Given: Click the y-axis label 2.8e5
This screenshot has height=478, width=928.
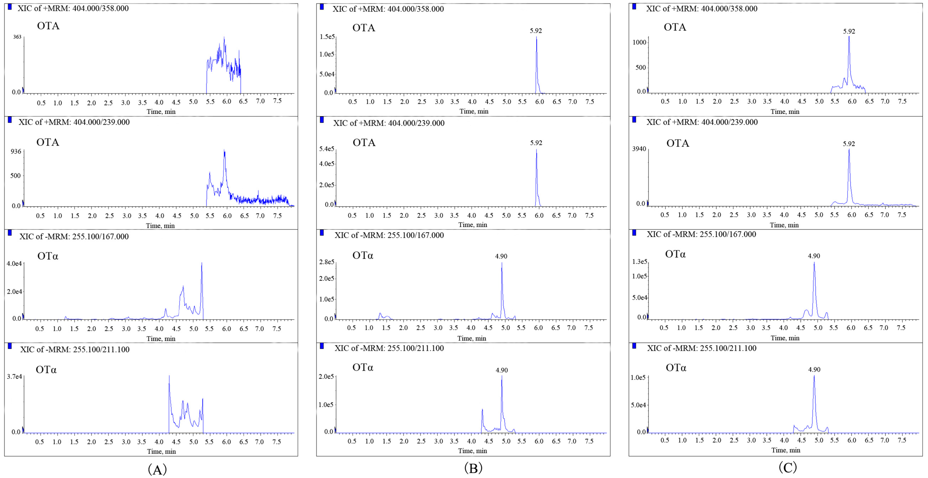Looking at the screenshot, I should [x=326, y=262].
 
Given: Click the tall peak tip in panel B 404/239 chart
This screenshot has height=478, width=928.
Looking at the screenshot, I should [x=536, y=150].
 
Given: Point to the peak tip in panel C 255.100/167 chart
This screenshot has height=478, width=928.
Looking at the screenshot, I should [x=814, y=263].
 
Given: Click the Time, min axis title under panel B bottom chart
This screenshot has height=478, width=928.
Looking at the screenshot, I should [x=472, y=451].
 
